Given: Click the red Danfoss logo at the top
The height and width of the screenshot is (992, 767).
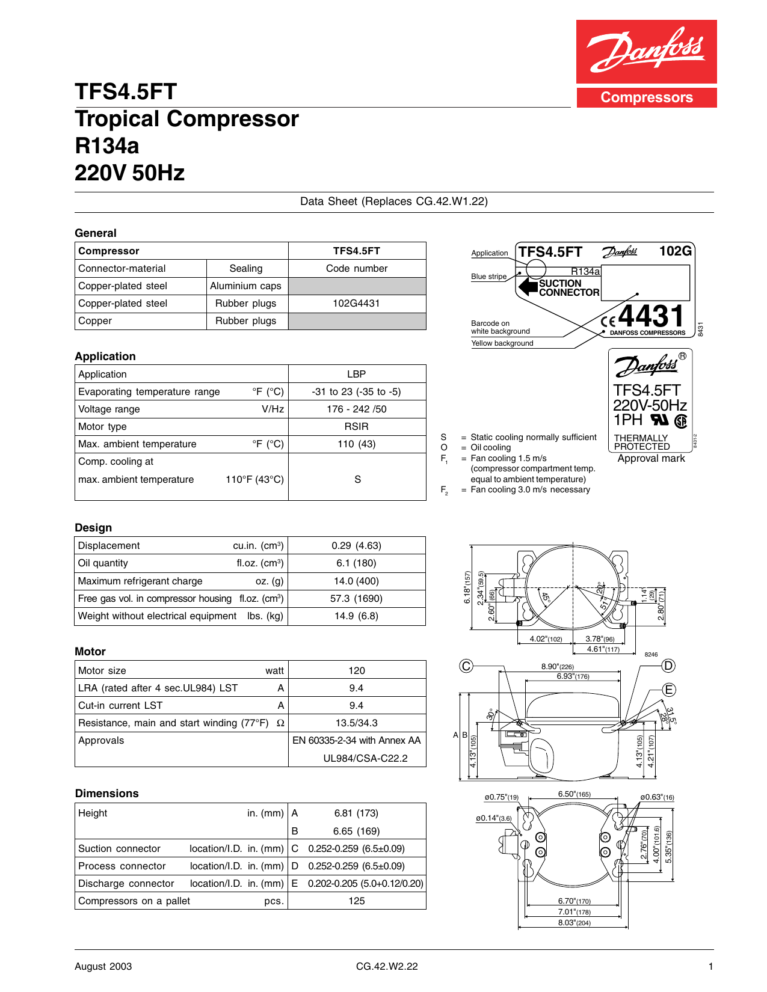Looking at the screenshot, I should pyautogui.click(x=646, y=52).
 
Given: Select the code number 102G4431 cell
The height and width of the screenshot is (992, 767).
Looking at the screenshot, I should pyautogui.click(x=357, y=304).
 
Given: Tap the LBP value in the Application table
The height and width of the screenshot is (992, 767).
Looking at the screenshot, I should pyautogui.click(x=357, y=374).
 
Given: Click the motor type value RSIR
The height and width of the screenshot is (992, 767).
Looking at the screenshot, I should pyautogui.click(x=357, y=426).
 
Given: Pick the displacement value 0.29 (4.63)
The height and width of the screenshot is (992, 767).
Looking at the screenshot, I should pyautogui.click(x=357, y=546).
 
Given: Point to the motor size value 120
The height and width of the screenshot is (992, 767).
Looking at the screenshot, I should pyautogui.click(x=357, y=670).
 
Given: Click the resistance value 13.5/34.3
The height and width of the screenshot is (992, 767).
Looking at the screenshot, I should pyautogui.click(x=357, y=723).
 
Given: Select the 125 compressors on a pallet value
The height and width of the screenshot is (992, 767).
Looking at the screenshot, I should pyautogui.click(x=357, y=901).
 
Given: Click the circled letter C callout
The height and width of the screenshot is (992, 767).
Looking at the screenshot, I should pyautogui.click(x=466, y=666).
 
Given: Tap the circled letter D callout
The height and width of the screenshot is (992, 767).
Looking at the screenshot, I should pyautogui.click(x=668, y=666).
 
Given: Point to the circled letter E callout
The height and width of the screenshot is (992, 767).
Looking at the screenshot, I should pyautogui.click(x=669, y=690).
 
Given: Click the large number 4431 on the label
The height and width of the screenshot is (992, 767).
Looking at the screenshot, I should pyautogui.click(x=651, y=316).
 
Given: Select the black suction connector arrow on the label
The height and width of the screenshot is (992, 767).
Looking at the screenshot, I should pyautogui.click(x=528, y=287).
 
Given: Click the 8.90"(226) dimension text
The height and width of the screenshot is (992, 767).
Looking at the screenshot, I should pyautogui.click(x=558, y=666).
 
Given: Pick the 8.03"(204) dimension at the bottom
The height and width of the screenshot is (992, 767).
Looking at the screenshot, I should pyautogui.click(x=574, y=923).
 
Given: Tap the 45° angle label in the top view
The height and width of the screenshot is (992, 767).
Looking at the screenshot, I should pyautogui.click(x=546, y=598).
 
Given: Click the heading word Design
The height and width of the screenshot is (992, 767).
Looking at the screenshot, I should pyautogui.click(x=93, y=527).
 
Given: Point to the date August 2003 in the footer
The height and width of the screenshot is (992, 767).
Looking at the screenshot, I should pyautogui.click(x=103, y=966).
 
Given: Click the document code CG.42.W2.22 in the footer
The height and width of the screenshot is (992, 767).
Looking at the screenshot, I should pyautogui.click(x=387, y=966).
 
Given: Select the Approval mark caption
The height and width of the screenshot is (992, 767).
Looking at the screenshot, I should pyautogui.click(x=651, y=458).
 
